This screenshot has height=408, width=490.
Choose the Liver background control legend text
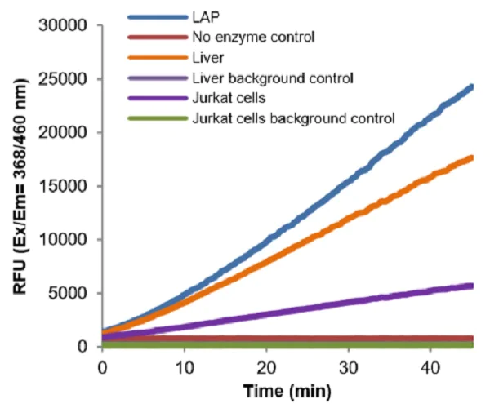[x=273, y=78]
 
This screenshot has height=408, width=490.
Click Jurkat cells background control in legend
[x=293, y=118]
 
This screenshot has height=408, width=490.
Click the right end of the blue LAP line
[x=472, y=86]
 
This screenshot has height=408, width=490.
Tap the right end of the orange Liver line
[x=472, y=157]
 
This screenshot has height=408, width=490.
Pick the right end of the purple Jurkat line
[x=472, y=286]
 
